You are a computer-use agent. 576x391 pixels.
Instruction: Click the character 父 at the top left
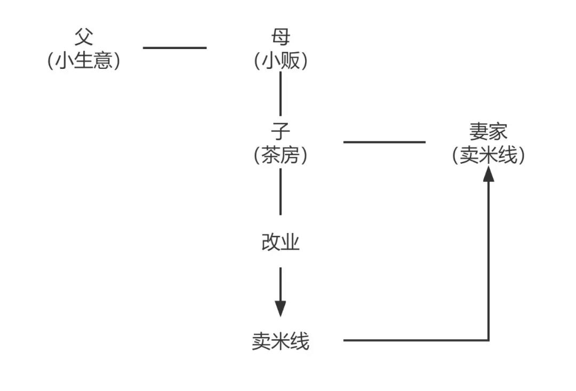pyautogui.click(x=84, y=38)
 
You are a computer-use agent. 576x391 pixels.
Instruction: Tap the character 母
pyautogui.click(x=281, y=38)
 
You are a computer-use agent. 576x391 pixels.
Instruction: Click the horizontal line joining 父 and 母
pyautogui.click(x=174, y=48)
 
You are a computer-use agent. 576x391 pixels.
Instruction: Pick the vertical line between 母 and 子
pyautogui.click(x=281, y=93)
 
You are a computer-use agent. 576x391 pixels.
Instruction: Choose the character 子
pyautogui.click(x=281, y=131)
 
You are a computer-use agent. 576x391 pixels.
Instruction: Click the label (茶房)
pyautogui.click(x=281, y=155)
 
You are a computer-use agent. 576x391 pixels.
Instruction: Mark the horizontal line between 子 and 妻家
pyautogui.click(x=384, y=142)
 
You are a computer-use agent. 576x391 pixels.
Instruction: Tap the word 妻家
pyautogui.click(x=489, y=131)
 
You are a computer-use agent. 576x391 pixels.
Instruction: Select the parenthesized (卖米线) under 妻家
pyautogui.click(x=489, y=155)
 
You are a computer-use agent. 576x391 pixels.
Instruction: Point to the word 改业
pyautogui.click(x=281, y=243)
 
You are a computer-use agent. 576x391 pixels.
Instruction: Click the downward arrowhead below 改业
pyautogui.click(x=281, y=308)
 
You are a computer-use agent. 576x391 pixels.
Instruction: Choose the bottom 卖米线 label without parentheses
pyautogui.click(x=281, y=341)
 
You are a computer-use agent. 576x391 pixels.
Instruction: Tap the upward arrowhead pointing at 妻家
pyautogui.click(x=489, y=174)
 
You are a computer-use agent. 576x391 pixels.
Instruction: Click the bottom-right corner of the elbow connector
pyautogui.click(x=489, y=340)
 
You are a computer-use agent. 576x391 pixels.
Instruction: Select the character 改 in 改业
pyautogui.click(x=271, y=243)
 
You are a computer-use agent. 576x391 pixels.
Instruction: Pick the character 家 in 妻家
pyautogui.click(x=499, y=131)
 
